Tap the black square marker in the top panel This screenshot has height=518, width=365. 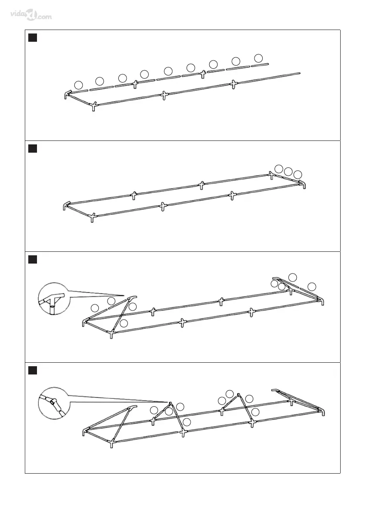pyautogui.click(x=32, y=38)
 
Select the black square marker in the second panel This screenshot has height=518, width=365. pyautogui.click(x=32, y=149)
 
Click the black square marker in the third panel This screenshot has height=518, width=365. pyautogui.click(x=32, y=260)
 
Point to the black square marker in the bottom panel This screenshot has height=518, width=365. pyautogui.click(x=32, y=371)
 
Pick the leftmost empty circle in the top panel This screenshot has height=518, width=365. pyautogui.click(x=78, y=84)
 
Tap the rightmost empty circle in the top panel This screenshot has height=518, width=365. pyautogui.click(x=258, y=58)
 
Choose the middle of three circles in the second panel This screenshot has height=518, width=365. pyautogui.click(x=288, y=171)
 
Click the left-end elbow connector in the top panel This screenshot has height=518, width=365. pyautogui.click(x=67, y=94)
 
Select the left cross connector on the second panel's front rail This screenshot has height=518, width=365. pyautogui.click(x=162, y=206)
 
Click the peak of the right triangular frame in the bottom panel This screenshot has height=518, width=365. pyautogui.click(x=238, y=395)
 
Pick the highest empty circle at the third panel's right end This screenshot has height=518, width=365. pyautogui.click(x=293, y=277)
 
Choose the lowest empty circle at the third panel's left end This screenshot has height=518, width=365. pyautogui.click(x=124, y=323)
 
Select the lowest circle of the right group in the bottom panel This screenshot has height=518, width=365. pyautogui.click(x=255, y=412)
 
